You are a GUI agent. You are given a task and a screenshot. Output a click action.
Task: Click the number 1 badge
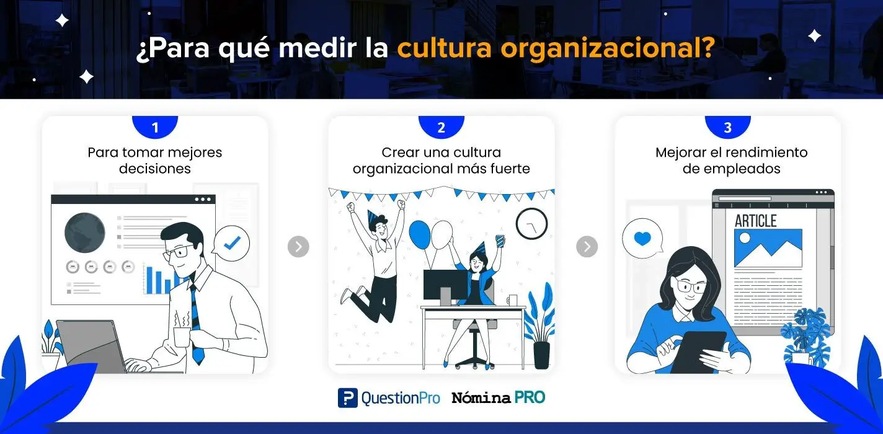155,127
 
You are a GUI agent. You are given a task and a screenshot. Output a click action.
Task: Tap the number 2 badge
441,127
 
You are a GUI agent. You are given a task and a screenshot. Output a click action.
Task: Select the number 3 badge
728,127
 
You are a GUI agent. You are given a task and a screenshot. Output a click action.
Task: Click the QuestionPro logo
389,398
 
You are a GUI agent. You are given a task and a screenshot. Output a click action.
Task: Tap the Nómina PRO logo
499,397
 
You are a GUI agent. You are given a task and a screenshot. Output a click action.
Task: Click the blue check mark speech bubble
231,243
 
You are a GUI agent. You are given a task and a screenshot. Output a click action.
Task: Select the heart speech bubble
642,239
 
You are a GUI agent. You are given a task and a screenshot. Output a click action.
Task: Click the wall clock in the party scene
531,223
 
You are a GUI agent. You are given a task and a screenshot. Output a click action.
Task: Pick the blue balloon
419,234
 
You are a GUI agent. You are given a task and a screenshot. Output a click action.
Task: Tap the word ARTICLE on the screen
756,221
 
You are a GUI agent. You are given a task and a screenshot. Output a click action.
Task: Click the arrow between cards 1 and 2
298,247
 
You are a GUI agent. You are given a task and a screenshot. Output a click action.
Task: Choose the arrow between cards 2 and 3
587,247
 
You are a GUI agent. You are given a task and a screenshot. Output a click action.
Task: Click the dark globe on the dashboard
85,232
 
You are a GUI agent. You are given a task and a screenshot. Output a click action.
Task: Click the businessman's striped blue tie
196,323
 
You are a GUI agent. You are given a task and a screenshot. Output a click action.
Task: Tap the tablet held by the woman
698,352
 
